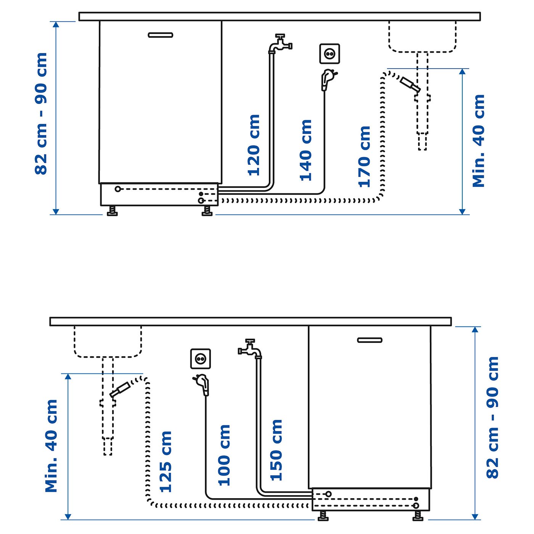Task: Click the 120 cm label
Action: tap(254, 145)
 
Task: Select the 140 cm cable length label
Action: tap(306, 150)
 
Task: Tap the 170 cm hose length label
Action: tap(365, 157)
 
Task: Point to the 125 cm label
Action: tap(166, 462)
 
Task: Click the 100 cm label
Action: tap(224, 455)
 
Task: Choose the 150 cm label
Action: tap(276, 450)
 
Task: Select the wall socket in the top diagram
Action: tap(330, 54)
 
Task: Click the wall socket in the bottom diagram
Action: tap(201, 359)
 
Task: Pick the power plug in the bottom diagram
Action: tap(203, 384)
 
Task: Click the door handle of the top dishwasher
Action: tap(160, 35)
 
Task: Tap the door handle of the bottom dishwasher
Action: tap(370, 340)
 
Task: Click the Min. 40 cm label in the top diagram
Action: tap(479, 141)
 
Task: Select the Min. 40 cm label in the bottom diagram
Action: tap(51, 446)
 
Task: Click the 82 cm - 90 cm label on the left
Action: tap(41, 114)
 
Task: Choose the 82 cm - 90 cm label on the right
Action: tap(492, 417)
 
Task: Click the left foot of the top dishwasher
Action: tap(112, 211)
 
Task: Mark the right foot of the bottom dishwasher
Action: tap(418, 516)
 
